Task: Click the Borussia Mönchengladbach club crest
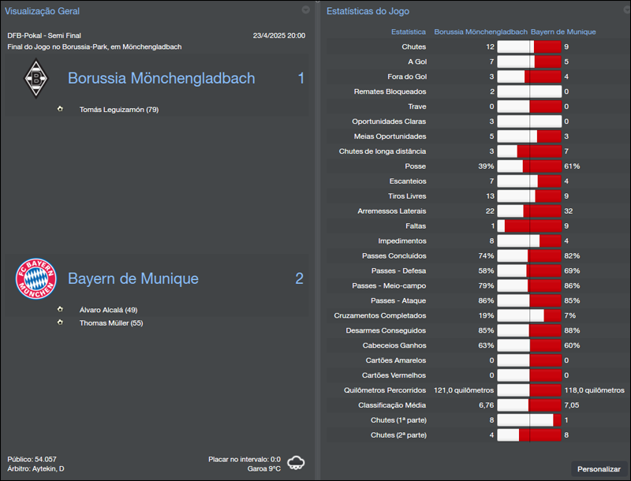pyautogui.click(x=35, y=79)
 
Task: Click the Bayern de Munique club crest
pyautogui.click(x=36, y=278)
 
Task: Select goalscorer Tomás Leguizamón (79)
pyautogui.click(x=118, y=110)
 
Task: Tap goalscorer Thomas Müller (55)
pyautogui.click(x=110, y=323)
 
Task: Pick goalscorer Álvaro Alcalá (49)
pyautogui.click(x=108, y=310)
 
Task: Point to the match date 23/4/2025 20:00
pyautogui.click(x=278, y=35)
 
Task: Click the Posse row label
pyautogui.click(x=415, y=166)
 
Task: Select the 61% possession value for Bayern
pyautogui.click(x=572, y=166)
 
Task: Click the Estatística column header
pyautogui.click(x=409, y=32)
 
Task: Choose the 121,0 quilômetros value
pyautogui.click(x=463, y=390)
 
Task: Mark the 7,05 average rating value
pyautogui.click(x=572, y=405)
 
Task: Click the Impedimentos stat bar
pyautogui.click(x=528, y=241)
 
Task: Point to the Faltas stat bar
pyautogui.click(x=528, y=226)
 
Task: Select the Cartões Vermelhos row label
pyautogui.click(x=394, y=375)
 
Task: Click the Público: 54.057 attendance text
pyautogui.click(x=32, y=459)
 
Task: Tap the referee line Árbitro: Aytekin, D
pyautogui.click(x=36, y=469)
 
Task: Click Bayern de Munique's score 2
pyautogui.click(x=299, y=278)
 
